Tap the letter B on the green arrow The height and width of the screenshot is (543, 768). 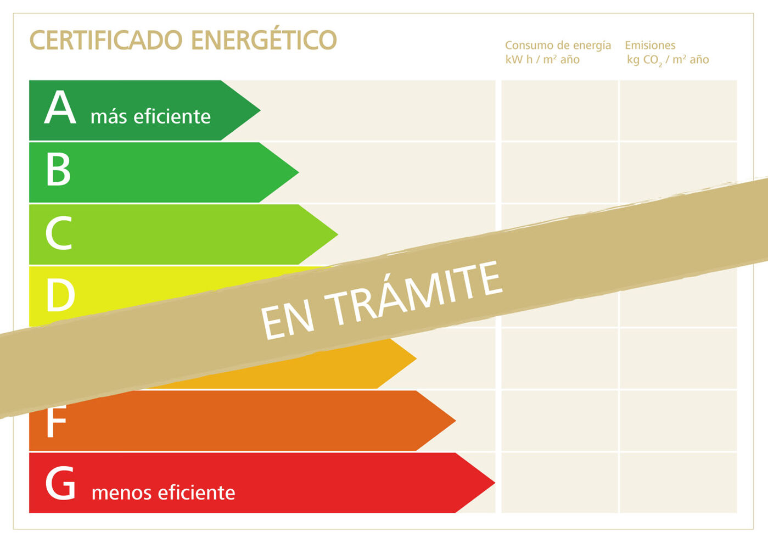pyautogui.click(x=58, y=170)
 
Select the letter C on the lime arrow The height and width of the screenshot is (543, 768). pyautogui.click(x=59, y=233)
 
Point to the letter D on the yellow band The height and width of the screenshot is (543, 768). pyautogui.click(x=60, y=295)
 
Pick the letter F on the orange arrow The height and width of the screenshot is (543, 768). pyautogui.click(x=56, y=422)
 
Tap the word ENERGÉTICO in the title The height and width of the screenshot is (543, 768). pyautogui.click(x=264, y=40)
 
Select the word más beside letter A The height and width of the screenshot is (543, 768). pyautogui.click(x=109, y=116)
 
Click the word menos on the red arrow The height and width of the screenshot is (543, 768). pyautogui.click(x=121, y=492)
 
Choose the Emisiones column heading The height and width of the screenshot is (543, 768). pyautogui.click(x=650, y=46)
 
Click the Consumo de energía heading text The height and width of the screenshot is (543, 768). pyautogui.click(x=558, y=46)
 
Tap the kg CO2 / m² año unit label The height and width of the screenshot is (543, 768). pyautogui.click(x=668, y=60)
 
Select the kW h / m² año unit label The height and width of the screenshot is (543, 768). pyautogui.click(x=542, y=60)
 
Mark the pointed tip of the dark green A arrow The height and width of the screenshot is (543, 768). pyautogui.click(x=257, y=110)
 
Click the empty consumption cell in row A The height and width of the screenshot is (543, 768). pyautogui.click(x=559, y=110)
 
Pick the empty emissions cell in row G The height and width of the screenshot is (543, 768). pyautogui.click(x=678, y=483)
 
